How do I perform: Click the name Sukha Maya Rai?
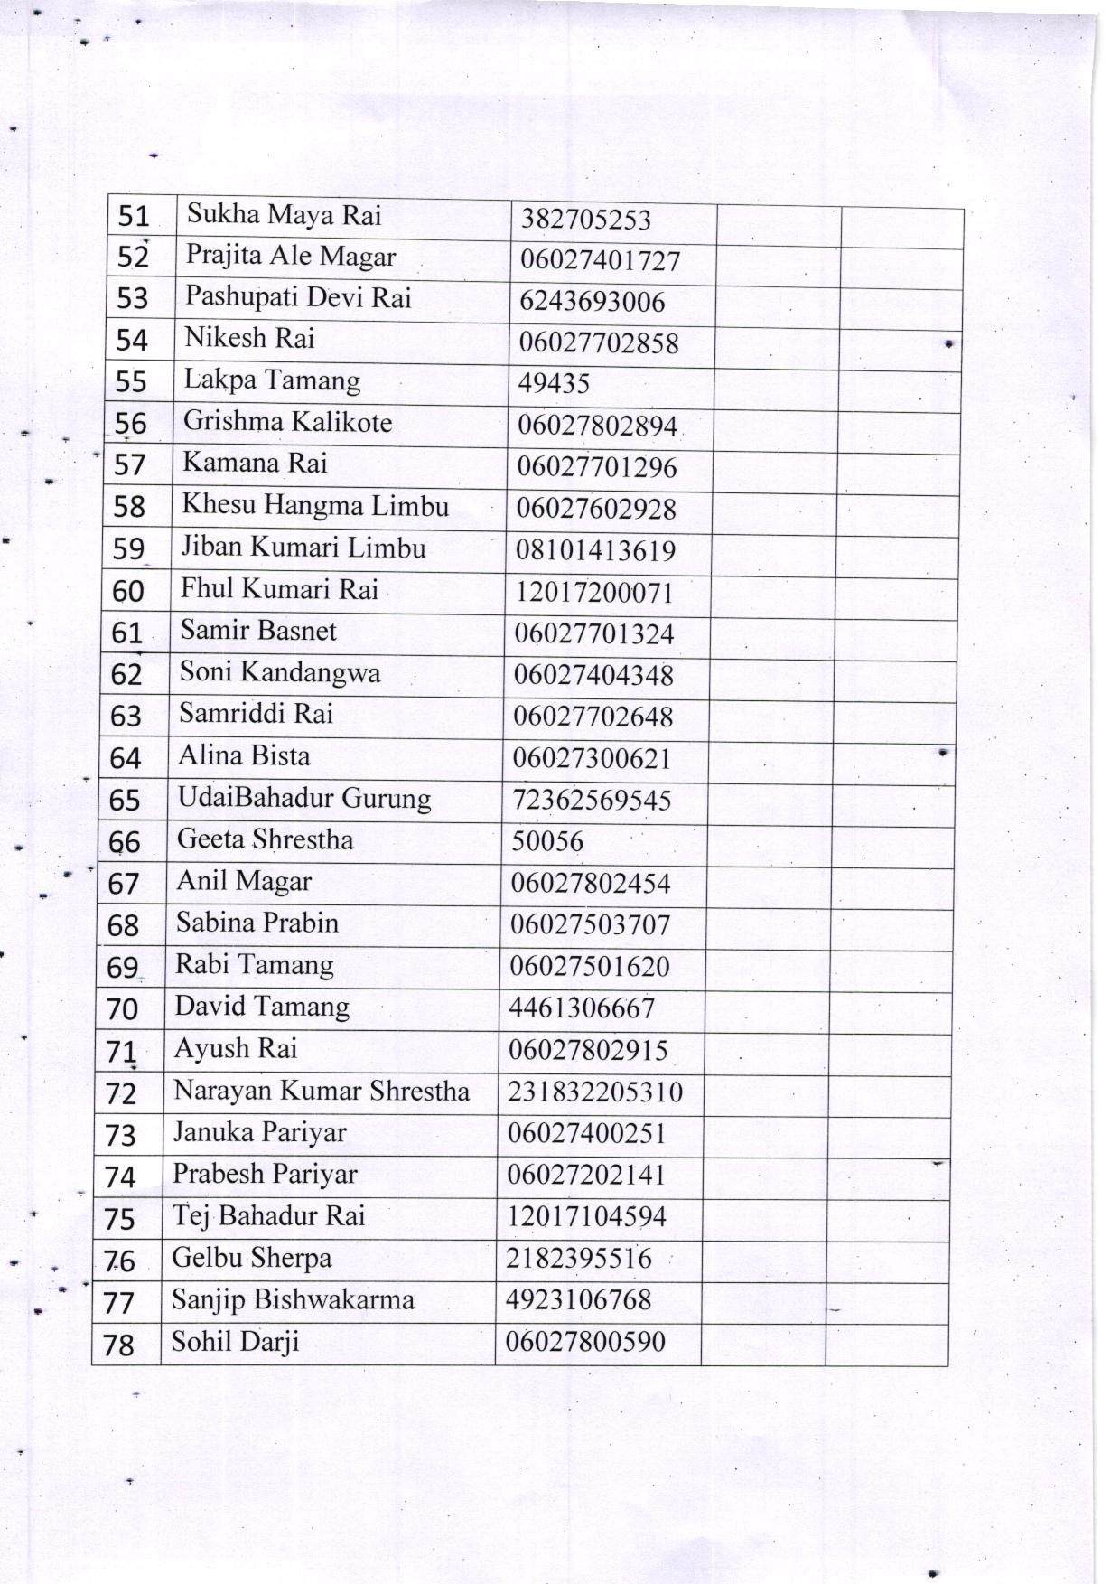point(284,215)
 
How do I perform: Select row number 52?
point(133,258)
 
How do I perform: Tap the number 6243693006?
point(592,302)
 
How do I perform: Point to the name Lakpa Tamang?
point(272,380)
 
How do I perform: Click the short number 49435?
point(554,384)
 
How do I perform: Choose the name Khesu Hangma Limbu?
point(315,505)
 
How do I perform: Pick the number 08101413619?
point(595,550)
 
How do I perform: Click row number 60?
point(128,591)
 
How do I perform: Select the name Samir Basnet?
point(258,630)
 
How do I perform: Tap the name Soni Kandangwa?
point(280,672)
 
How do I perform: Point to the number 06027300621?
point(592,758)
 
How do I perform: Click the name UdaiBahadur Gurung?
point(304,799)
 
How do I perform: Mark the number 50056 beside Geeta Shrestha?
point(547,841)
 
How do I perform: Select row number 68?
point(124,925)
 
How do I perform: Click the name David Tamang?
point(262,1007)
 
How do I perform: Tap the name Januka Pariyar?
point(259,1132)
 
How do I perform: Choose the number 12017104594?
point(586,1216)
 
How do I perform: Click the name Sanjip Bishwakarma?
point(293,1300)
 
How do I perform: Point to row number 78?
point(119,1345)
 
